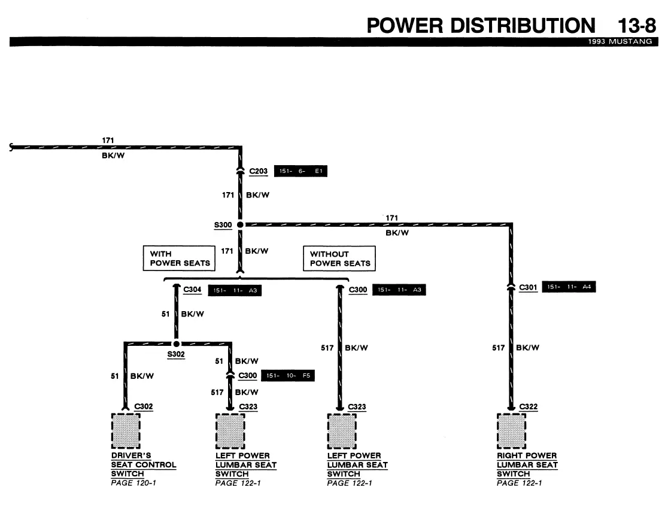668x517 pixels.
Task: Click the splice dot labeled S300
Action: [240, 224]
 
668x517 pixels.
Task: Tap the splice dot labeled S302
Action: [177, 343]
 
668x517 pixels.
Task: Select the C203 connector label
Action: [258, 171]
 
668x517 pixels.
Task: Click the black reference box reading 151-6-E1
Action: [300, 171]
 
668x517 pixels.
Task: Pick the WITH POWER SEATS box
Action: [179, 258]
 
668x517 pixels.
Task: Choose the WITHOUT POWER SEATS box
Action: [339, 258]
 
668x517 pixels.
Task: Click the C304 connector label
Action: [192, 290]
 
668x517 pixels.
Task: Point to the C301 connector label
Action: [528, 287]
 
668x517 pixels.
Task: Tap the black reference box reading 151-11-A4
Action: [569, 287]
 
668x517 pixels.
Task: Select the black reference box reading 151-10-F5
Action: [287, 376]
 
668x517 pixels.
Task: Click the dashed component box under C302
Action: [126, 431]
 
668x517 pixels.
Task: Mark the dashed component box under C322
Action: [511, 431]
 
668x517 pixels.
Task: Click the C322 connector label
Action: [529, 407]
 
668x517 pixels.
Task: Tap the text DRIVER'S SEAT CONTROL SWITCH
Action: [144, 464]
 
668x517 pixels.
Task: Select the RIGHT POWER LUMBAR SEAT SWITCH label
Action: [527, 464]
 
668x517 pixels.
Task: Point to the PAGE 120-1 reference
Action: [133, 483]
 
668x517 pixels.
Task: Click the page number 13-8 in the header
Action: [637, 26]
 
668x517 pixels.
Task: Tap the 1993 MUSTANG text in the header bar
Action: [620, 41]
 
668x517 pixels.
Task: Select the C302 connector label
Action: [143, 407]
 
